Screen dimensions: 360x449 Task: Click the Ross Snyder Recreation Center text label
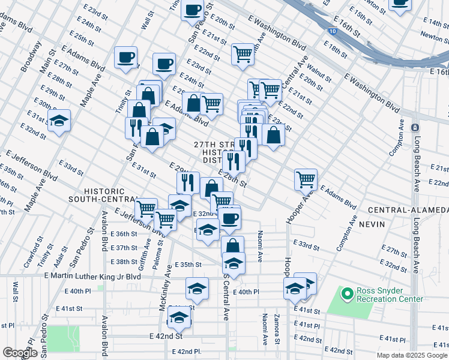pyautogui.click(x=390, y=295)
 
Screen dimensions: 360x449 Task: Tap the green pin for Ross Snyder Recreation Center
pyautogui.click(x=346, y=294)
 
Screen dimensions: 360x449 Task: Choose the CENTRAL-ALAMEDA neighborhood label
pyautogui.click(x=408, y=210)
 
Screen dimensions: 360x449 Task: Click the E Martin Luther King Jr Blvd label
pyautogui.click(x=92, y=276)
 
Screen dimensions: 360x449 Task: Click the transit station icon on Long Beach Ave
pyautogui.click(x=414, y=127)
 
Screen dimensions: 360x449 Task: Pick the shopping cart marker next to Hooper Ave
pyautogui.click(x=306, y=179)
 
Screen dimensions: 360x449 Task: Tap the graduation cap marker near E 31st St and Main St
pyautogui.click(x=59, y=121)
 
